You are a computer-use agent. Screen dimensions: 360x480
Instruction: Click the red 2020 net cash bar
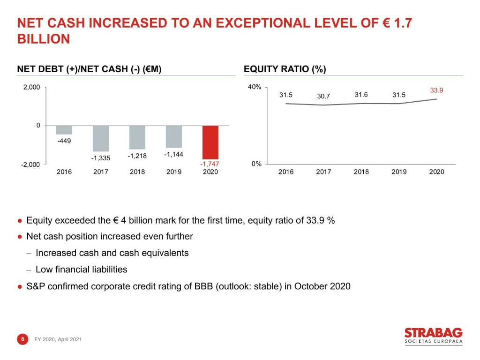210,142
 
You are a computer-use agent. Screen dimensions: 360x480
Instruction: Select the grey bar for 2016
64,130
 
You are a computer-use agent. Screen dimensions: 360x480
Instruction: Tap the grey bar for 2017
101,138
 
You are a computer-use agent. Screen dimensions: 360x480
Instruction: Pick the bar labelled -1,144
174,137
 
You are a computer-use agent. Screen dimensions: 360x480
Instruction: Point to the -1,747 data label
209,164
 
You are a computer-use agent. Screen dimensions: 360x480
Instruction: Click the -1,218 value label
137,156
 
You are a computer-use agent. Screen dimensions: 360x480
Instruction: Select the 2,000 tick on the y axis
32,87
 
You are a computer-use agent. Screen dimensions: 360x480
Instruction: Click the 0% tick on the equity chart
256,164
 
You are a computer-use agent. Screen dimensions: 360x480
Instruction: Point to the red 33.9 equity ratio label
436,90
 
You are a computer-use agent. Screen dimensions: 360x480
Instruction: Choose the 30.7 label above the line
323,96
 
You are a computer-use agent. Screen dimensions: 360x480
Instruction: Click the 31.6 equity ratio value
361,95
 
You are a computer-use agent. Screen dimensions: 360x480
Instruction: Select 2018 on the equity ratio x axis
361,172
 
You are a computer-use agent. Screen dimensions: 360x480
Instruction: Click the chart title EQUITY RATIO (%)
285,69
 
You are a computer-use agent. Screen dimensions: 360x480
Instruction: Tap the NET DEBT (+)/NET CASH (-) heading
90,69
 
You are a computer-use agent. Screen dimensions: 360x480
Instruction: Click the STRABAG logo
433,336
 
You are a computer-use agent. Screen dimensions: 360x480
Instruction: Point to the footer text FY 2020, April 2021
58,339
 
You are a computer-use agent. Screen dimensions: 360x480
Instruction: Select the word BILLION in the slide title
44,39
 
